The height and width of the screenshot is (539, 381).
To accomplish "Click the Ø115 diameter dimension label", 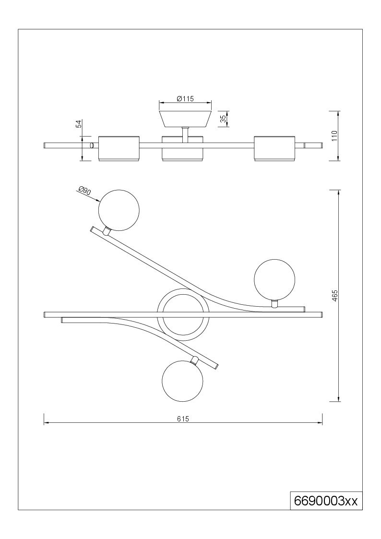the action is (185, 99).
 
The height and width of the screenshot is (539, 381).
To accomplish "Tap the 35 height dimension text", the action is (223, 119).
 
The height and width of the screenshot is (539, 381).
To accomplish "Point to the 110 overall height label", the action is (335, 136).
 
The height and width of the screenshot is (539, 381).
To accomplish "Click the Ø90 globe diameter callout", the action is (84, 191).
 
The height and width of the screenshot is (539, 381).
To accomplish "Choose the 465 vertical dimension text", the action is (335, 296).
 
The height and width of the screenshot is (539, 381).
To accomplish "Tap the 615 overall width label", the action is (183, 419).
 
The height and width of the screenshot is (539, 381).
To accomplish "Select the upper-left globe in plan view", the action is (119, 210).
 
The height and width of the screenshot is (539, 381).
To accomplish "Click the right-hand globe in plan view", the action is (274, 279).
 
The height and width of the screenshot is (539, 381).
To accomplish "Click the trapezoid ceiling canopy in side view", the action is (185, 119).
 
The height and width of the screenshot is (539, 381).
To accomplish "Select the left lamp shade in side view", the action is (119, 148).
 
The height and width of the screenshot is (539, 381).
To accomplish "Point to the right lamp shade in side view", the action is (274, 148).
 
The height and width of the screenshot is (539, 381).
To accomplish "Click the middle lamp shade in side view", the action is (182, 148).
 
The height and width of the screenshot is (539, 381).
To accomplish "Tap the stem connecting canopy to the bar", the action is (185, 134).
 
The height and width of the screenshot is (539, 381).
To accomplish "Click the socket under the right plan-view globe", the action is (274, 304).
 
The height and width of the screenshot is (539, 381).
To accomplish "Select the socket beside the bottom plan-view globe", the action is (194, 361).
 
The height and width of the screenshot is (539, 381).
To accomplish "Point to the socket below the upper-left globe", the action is (107, 231).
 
